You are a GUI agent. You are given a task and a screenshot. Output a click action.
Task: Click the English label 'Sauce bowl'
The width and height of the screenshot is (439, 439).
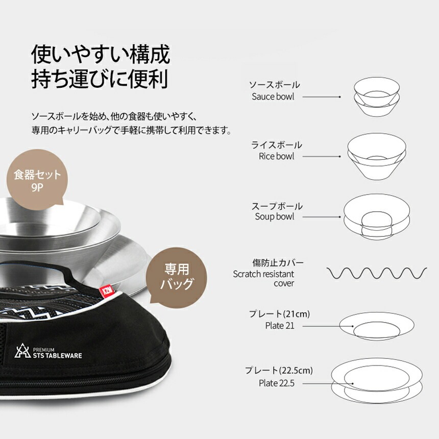273,96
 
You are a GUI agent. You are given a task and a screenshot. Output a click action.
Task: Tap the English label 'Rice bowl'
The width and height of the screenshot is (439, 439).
276,156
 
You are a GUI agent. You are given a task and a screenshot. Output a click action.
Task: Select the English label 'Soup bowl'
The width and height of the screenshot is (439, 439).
275,216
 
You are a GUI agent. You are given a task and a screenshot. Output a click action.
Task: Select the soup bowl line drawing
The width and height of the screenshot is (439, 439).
377,216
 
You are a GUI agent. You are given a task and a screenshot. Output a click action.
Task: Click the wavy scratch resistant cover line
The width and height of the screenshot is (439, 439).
377,273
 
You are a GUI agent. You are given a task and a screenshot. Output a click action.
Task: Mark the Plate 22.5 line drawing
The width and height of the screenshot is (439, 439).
377,383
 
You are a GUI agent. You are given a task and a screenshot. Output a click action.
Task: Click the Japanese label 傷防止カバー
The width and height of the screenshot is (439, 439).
278,262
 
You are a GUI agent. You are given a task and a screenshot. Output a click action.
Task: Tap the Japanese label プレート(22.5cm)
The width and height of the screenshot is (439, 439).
279,371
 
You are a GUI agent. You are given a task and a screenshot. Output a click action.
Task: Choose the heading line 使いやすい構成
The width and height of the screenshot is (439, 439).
101,54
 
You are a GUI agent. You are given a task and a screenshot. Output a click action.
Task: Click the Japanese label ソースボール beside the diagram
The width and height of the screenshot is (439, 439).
274,85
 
